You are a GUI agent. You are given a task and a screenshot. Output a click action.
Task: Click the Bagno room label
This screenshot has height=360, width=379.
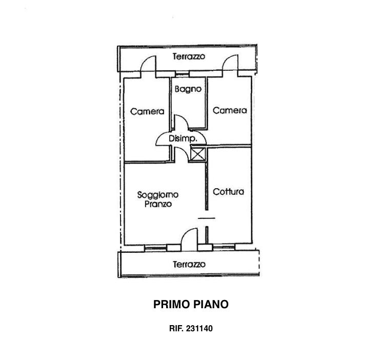(188, 89)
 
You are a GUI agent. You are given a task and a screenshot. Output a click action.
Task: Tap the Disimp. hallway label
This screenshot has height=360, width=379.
(183, 139)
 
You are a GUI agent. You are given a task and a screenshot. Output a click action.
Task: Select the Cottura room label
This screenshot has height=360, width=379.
(228, 192)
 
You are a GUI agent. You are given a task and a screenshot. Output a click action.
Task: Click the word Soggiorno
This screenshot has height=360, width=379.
(158, 195)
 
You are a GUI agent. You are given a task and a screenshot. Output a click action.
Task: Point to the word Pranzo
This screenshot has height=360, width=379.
(158, 204)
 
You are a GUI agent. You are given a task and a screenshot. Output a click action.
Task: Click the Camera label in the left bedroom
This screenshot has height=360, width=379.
(147, 111)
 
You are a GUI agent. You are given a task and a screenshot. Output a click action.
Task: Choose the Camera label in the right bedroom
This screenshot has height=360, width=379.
(230, 110)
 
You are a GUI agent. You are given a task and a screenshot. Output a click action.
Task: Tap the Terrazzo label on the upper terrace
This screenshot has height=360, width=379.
(189, 56)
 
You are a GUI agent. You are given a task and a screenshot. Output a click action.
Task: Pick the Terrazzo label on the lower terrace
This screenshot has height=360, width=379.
(189, 264)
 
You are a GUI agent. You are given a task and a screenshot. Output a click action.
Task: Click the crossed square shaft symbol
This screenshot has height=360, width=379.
(198, 154)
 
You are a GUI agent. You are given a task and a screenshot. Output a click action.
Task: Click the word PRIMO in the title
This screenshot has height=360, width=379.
(171, 304)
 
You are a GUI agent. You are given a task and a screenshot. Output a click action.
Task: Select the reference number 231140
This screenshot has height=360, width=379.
(199, 329)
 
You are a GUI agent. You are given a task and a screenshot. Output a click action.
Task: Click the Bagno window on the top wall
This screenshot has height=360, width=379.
(182, 74)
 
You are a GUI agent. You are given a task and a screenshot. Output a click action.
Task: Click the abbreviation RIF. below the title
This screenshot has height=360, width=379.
(176, 329)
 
